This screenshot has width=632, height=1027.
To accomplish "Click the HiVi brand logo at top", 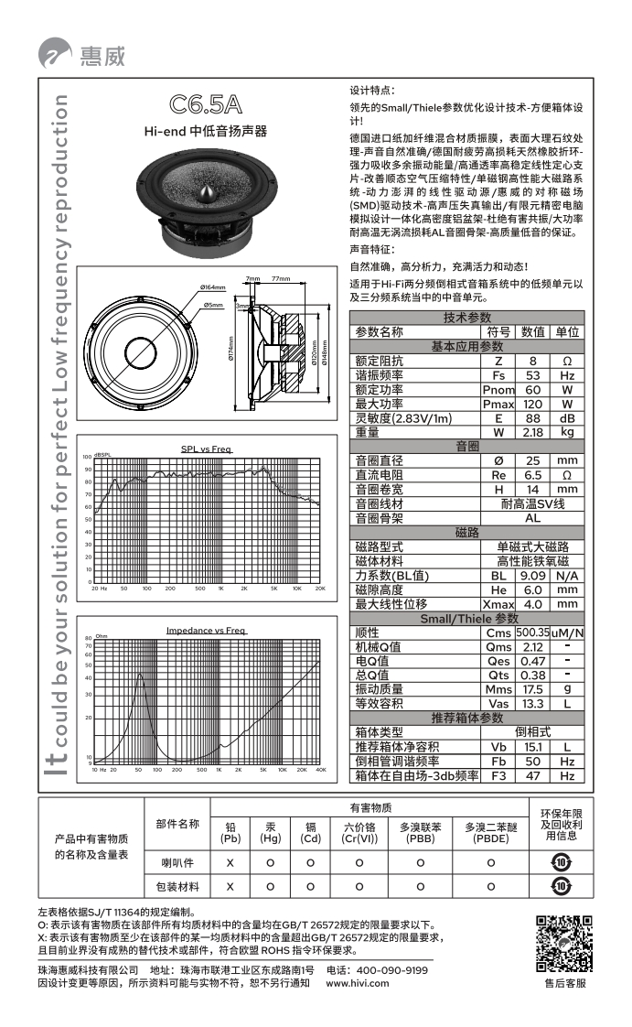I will click(81, 54).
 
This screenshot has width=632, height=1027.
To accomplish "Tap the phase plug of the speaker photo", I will click(209, 193).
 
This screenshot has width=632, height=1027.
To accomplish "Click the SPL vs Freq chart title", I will click(206, 449).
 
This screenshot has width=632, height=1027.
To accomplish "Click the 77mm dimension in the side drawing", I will click(280, 278).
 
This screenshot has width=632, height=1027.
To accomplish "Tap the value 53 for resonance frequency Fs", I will click(532, 375).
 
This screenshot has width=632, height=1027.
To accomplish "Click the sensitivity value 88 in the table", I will click(532, 417).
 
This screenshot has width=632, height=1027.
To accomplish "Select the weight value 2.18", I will click(532, 431).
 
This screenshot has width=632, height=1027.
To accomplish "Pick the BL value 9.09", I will click(532, 576).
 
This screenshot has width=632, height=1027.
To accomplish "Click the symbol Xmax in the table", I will click(498, 604).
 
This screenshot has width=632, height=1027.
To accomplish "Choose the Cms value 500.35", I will click(531, 632).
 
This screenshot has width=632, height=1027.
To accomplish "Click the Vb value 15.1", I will click(532, 747).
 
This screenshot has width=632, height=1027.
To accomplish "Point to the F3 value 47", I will click(532, 775).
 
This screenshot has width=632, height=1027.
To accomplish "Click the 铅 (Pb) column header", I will click(230, 832).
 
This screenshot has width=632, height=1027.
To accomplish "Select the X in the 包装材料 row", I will click(230, 886).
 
